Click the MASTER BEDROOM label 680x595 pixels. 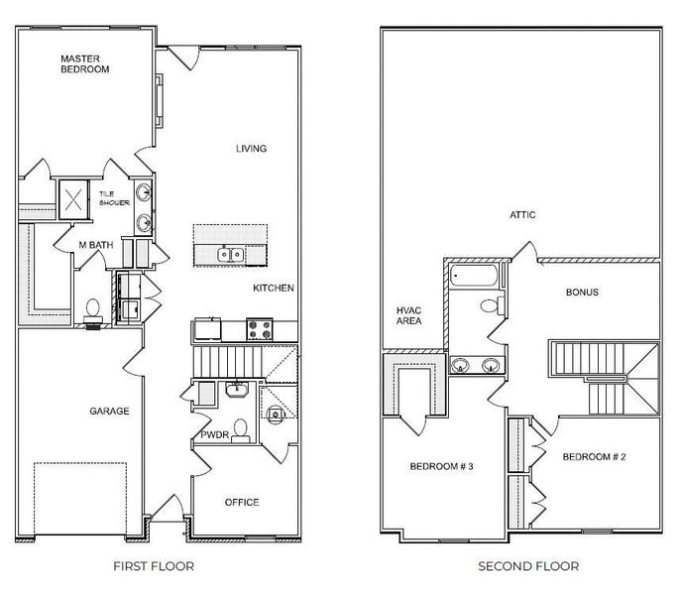point(85,63)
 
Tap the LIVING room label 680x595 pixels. point(251,149)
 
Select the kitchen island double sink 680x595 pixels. point(230,254)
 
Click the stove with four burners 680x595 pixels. point(260,329)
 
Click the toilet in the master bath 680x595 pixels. point(93,310)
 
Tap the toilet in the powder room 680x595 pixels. point(240,430)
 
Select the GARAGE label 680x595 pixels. point(109,411)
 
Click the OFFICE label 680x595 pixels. point(242,502)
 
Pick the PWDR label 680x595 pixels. point(215,434)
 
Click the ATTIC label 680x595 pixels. point(522,215)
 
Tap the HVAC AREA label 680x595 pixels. point(408,315)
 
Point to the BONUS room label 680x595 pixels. point(582,293)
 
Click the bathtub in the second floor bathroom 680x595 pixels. point(473,275)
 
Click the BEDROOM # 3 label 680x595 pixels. point(441,466)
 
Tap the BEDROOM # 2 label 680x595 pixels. point(594,456)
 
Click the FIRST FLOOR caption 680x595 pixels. point(154,566)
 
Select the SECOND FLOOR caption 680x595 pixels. point(528,566)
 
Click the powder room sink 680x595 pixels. point(237,389)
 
